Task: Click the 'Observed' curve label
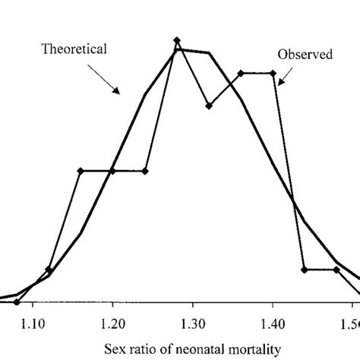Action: (304, 55)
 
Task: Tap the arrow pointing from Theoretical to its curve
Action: (105, 77)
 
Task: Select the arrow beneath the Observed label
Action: (285, 77)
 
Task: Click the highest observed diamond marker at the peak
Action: (176, 39)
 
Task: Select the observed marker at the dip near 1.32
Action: (208, 105)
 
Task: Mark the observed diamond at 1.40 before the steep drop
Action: (273, 73)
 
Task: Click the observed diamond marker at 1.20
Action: (112, 171)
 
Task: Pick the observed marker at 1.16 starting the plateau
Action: (81, 171)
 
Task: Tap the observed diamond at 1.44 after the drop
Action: (305, 270)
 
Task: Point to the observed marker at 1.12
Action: (49, 270)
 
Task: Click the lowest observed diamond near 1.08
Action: (17, 302)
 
